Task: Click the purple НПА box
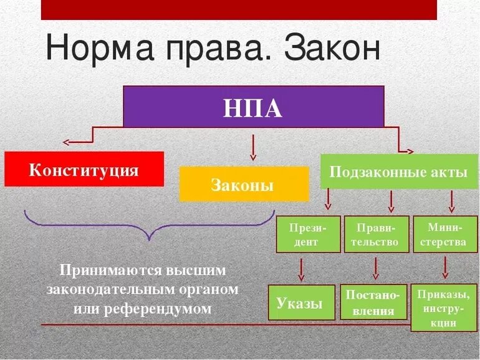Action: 253,107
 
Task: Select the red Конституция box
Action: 84,169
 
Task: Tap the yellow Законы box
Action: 243,184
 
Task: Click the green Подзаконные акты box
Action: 398,172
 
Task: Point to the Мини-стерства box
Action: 445,234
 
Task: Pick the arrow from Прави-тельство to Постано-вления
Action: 375,268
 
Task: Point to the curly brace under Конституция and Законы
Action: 149,225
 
